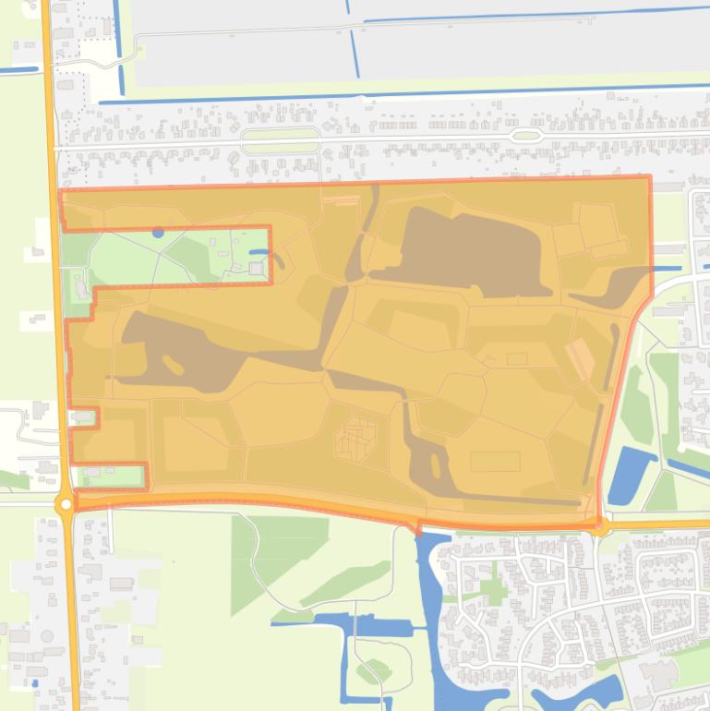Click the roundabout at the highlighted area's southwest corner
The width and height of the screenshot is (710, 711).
(x=65, y=504)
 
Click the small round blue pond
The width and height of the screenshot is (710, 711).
(x=158, y=233)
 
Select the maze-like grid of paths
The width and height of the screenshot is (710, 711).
(x=357, y=439)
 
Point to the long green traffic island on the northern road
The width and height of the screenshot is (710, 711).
(x=280, y=141)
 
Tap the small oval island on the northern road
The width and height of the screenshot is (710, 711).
(x=525, y=136)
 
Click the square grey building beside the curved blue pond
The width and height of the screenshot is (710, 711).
(x=256, y=268)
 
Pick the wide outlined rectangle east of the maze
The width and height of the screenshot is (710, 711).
(x=495, y=460)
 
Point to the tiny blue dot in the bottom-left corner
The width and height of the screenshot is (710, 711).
(x=35, y=683)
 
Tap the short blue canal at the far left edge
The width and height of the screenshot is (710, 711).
(x=18, y=70)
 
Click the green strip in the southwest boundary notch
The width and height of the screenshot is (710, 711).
(x=114, y=476)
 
